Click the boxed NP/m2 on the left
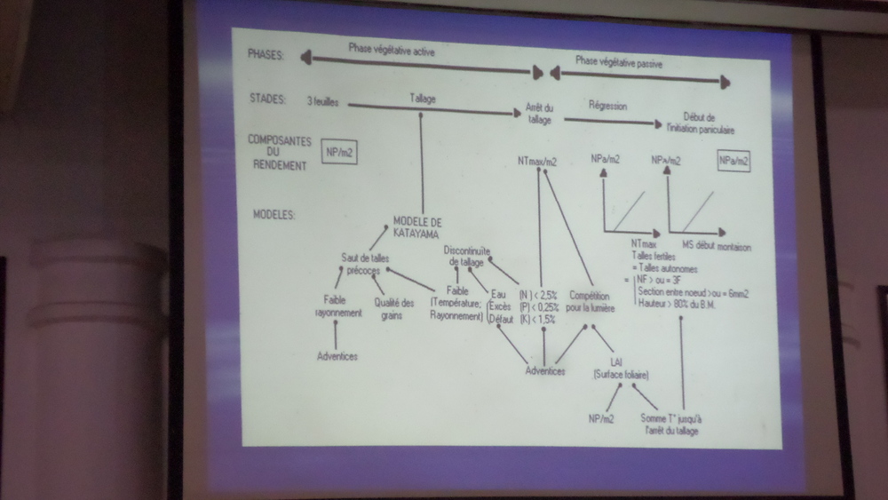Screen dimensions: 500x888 pos(341,154)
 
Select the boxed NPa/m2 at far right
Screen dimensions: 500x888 pos(733,162)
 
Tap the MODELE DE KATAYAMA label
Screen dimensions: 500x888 pos(416,227)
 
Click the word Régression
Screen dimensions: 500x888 pos(607,107)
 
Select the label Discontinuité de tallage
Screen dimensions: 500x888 pos(470,257)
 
